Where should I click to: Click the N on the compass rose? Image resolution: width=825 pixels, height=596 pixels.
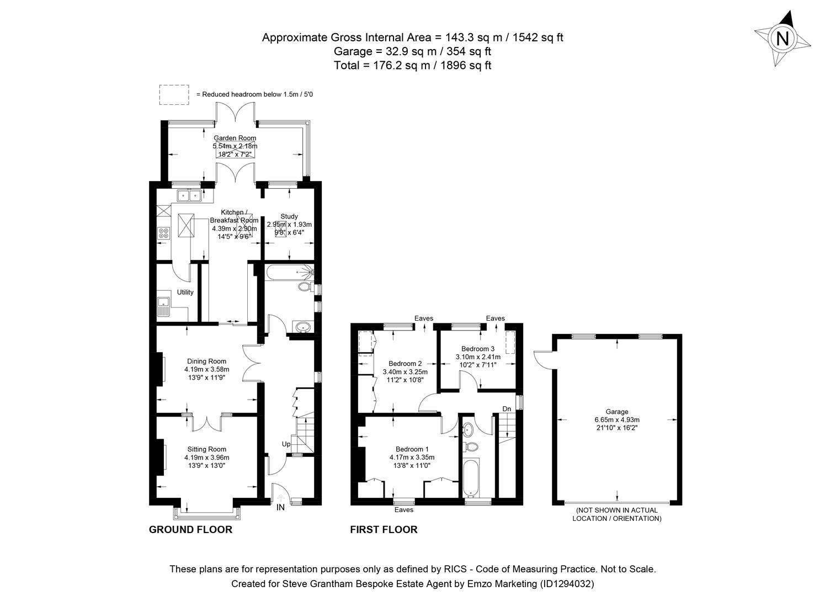[782, 39]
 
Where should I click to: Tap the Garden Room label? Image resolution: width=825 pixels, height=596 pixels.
[235, 138]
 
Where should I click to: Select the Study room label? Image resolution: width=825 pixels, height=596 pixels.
[289, 216]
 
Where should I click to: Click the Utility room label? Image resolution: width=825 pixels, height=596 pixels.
[185, 292]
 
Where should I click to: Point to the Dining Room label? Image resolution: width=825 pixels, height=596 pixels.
[206, 361]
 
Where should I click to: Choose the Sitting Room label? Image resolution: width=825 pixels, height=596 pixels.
[206, 449]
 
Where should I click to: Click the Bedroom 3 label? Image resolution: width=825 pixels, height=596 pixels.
[478, 349]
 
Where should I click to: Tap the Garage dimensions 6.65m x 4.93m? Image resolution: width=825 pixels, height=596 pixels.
[617, 419]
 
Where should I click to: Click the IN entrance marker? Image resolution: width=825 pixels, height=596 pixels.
[280, 507]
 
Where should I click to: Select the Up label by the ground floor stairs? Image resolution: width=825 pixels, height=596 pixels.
[286, 444]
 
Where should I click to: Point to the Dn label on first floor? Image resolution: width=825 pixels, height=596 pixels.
[507, 408]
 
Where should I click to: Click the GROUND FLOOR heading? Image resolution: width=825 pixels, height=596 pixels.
[190, 530]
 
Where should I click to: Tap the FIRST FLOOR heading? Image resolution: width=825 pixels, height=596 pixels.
[384, 530]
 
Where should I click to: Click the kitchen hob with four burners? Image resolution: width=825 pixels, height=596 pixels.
[164, 233]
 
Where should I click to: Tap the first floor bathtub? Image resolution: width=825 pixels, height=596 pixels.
[470, 477]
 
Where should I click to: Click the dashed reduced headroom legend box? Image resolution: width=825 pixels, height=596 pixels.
[174, 94]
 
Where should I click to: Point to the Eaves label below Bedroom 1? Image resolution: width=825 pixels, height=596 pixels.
[404, 510]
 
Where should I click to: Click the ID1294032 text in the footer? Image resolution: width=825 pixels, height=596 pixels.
[567, 583]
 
